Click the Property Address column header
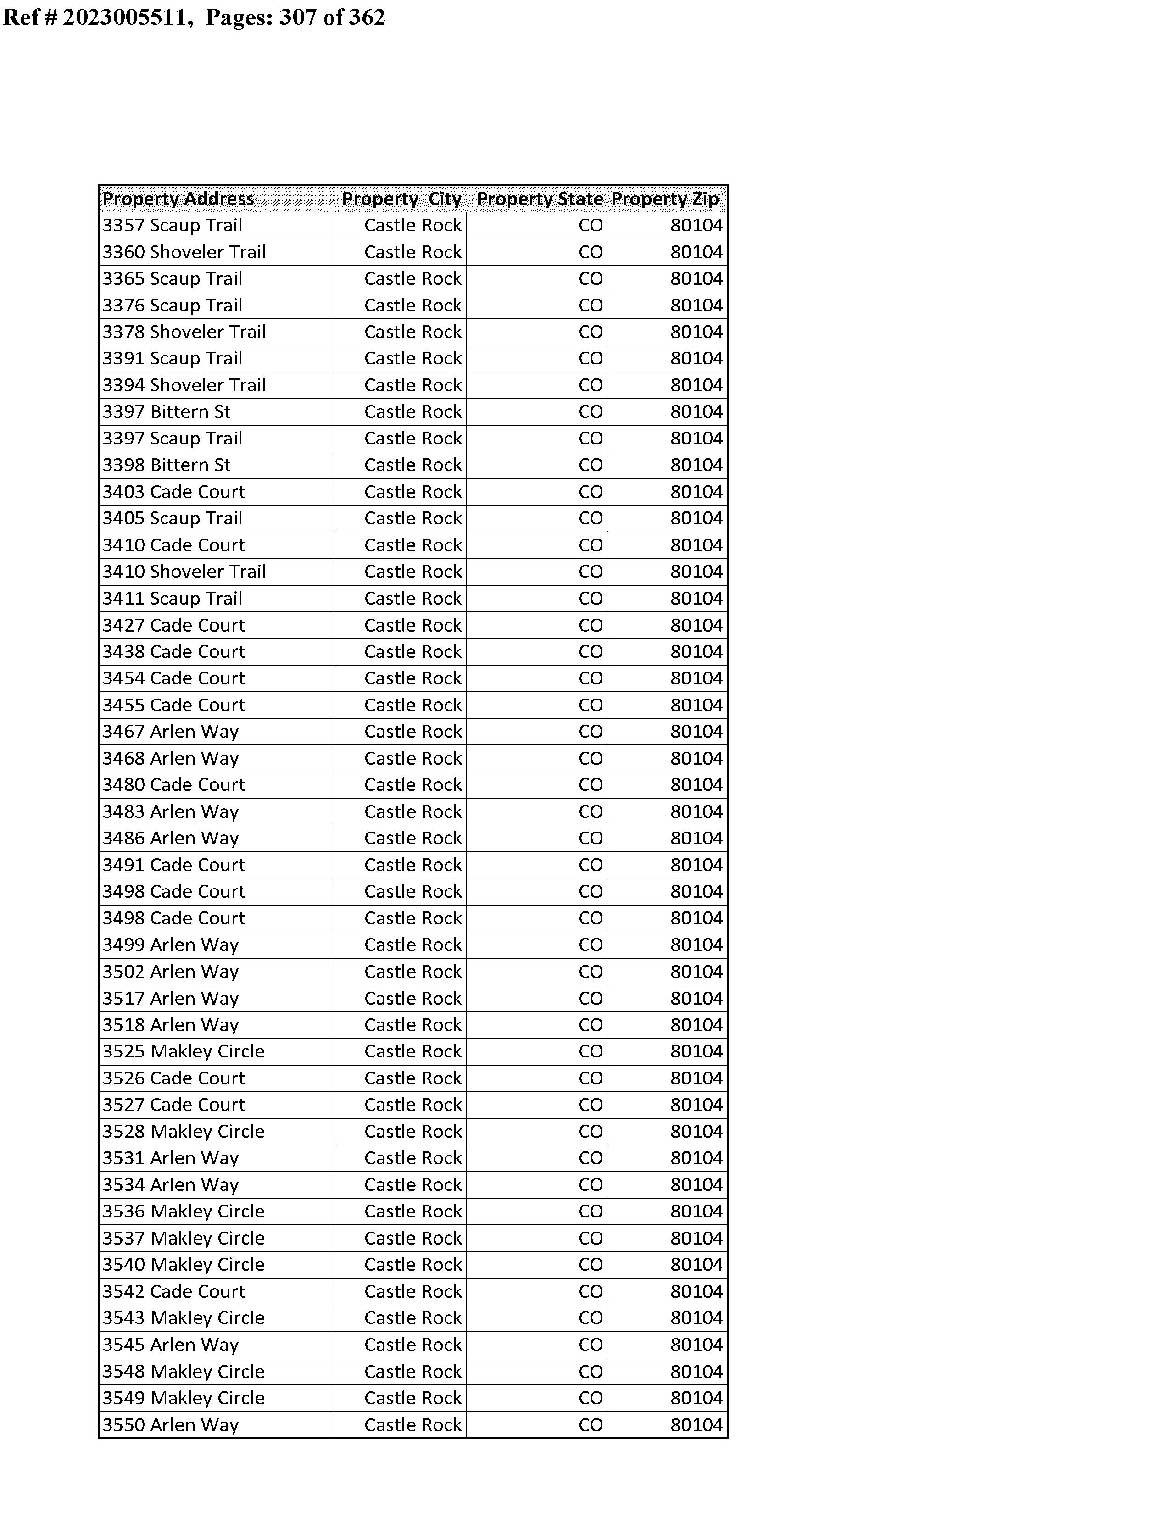178,199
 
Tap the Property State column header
540,199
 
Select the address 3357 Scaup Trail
173,226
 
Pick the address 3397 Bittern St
167,412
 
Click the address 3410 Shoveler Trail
184,572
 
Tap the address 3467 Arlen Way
171,732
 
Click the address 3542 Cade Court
174,1291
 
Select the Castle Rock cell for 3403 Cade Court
413,492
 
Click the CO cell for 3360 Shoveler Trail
591,252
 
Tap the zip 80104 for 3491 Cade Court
696,865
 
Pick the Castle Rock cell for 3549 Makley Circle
413,1398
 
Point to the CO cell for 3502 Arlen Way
591,972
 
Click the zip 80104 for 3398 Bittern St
696,465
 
